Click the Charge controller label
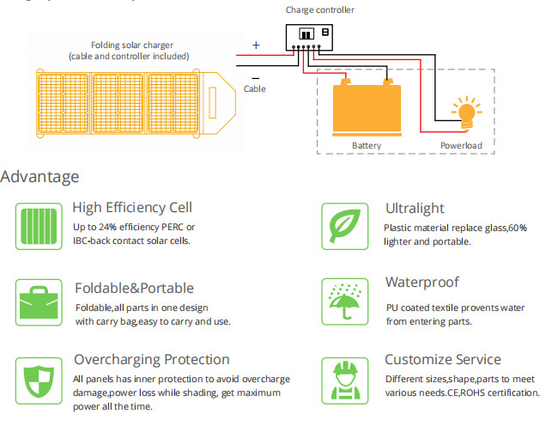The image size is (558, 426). coord(319,10)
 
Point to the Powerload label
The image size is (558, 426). coord(461,145)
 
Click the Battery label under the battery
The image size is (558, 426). coord(367,145)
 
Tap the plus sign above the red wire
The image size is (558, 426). coord(256,45)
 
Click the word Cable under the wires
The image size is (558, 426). coord(255,88)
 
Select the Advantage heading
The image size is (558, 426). coord(39,177)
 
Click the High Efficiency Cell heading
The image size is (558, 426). coord(132,207)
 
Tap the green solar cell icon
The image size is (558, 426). coord(39,225)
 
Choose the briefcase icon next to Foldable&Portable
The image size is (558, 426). coord(39,301)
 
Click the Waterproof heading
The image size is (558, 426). coord(422,283)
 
